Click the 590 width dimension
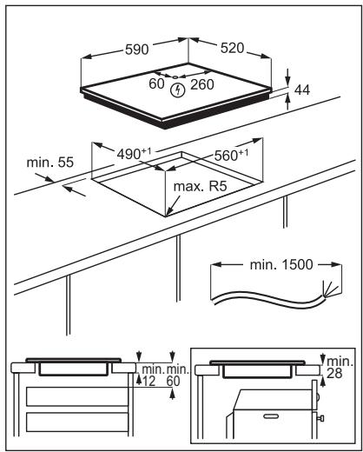(x=136, y=49)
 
